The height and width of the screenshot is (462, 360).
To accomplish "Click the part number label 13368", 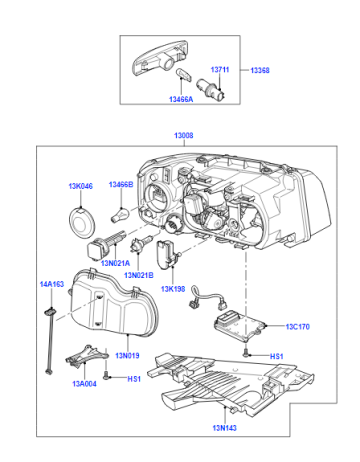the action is (x=260, y=70).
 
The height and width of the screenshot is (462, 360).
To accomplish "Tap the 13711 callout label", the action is (x=220, y=70).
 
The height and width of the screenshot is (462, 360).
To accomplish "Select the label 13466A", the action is (x=181, y=99).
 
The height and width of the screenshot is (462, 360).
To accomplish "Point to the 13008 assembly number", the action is (x=183, y=136).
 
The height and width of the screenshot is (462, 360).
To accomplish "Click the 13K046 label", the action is (x=81, y=186).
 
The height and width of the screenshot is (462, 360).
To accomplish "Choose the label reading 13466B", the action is (x=121, y=184).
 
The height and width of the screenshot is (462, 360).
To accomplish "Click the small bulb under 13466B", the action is (x=120, y=214).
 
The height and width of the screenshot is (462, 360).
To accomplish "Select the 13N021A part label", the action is (x=115, y=263).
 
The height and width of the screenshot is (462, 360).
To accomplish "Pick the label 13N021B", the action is (x=139, y=275).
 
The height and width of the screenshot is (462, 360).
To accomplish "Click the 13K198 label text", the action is (x=173, y=289).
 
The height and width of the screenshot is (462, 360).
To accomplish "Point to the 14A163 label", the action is (x=52, y=284).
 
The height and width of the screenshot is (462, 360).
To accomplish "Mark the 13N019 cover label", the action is (x=127, y=356).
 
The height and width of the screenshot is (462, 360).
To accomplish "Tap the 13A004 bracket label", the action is (x=84, y=384).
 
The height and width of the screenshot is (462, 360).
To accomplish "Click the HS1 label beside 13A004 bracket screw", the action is (x=134, y=379).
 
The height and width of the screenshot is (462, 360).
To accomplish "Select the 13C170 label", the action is (x=298, y=327).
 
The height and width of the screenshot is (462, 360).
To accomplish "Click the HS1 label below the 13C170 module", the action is (x=276, y=357).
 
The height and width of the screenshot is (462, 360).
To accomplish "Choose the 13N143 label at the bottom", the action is (x=225, y=428).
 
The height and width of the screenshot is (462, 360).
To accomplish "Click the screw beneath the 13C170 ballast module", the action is (x=246, y=352).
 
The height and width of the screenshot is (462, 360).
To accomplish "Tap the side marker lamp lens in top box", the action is (x=159, y=58).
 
